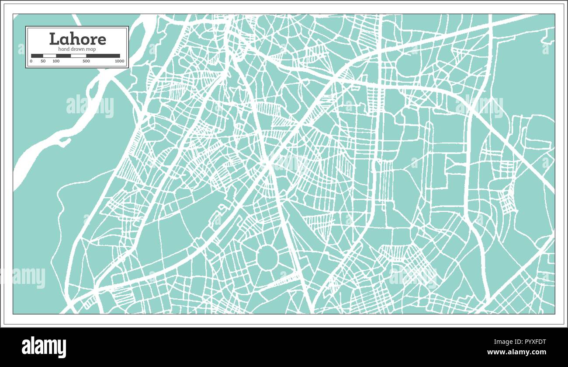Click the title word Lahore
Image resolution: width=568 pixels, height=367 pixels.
click(77, 39)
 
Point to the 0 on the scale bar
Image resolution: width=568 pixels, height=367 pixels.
click(31, 61)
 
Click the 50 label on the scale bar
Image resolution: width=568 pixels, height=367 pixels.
click(43, 61)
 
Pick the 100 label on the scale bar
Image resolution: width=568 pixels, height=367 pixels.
click(56, 61)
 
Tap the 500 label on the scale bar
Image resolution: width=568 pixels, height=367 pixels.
click(86, 61)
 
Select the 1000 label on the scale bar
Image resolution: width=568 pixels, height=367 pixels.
click(119, 61)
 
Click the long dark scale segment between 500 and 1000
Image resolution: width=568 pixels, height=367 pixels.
click(103, 56)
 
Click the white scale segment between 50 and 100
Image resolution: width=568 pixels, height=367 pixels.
click(49, 56)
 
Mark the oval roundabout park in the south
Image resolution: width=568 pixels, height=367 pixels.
click(267, 258)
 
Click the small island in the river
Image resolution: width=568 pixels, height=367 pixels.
click(65, 141)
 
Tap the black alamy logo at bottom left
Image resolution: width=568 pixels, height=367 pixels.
click(44, 347)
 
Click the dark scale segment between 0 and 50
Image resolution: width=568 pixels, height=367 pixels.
click(37, 56)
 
